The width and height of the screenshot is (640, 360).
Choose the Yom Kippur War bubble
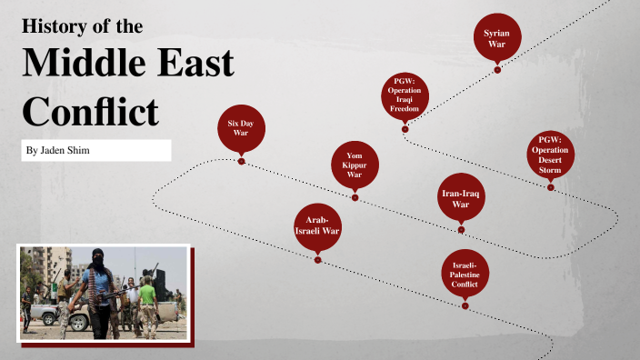click(355, 165)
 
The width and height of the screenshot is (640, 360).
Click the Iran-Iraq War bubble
click(461, 197)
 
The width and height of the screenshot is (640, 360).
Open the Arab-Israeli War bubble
click(317, 226)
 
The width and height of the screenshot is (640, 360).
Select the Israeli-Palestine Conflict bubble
click(465, 274)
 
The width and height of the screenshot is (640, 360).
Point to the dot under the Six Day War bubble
click(241, 161)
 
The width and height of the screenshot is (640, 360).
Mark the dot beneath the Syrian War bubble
click(497, 68)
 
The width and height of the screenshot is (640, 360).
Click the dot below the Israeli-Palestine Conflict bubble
click(465, 305)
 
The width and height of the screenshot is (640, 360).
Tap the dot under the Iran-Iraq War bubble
click(461, 228)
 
